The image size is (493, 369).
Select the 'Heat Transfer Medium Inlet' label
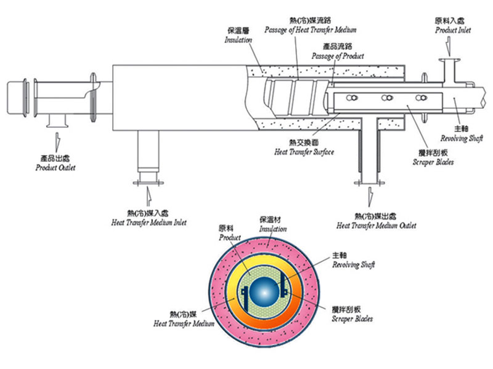(x=149, y=222)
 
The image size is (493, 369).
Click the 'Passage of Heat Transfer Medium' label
(x=311, y=30)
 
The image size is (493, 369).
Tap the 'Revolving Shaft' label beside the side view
(x=466, y=139)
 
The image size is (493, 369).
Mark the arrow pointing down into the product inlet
(x=448, y=44)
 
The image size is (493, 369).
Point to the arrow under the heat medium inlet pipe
(x=148, y=195)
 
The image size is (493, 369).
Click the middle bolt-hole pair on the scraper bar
(x=388, y=98)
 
